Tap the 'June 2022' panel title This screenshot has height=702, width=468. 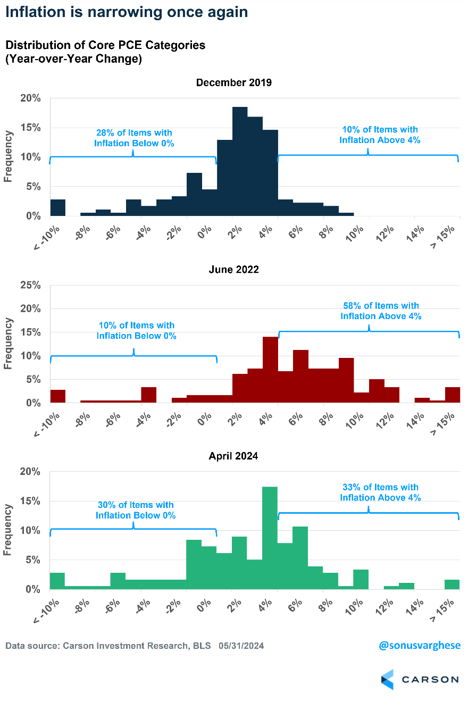pyautogui.click(x=234, y=270)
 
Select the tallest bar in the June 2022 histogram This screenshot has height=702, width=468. pyautogui.click(x=270, y=370)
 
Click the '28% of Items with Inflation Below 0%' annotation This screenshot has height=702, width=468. pyautogui.click(x=134, y=138)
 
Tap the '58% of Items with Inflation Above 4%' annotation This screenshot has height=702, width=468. pyautogui.click(x=381, y=311)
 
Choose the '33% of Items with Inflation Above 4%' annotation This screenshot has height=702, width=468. pyautogui.click(x=381, y=492)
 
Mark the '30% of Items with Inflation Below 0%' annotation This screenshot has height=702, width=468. pyautogui.click(x=136, y=510)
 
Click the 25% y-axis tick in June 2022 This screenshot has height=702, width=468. pyautogui.click(x=30, y=285)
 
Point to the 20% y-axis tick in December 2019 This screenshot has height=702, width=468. pyautogui.click(x=30, y=98)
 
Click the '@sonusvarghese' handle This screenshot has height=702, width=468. pyautogui.click(x=420, y=646)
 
